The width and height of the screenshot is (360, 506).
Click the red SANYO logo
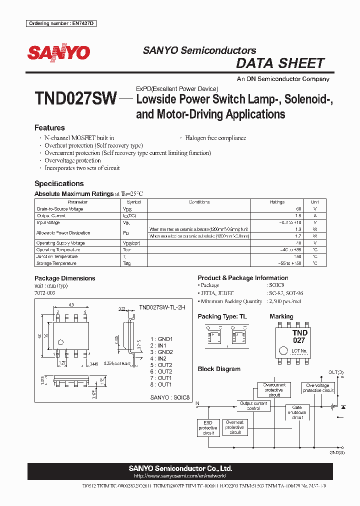pyautogui.click(x=58, y=53)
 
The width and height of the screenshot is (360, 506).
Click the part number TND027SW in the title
pyautogui.click(x=75, y=98)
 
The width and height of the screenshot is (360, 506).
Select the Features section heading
pyautogui.click(x=49, y=128)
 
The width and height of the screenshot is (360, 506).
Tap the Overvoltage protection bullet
pyautogui.click(x=72, y=160)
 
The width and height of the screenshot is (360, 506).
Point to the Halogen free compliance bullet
pyautogui.click(x=215, y=138)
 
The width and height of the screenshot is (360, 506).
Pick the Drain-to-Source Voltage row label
pyautogui.click(x=60, y=209)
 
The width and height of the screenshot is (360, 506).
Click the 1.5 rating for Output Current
pyautogui.click(x=298, y=216)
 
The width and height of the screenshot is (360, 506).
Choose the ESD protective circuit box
pyautogui.click(x=207, y=427)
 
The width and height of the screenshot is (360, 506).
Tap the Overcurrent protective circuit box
pyautogui.click(x=274, y=390)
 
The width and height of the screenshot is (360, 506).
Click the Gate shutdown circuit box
pyautogui.click(x=297, y=412)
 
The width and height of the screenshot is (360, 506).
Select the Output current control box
pyautogui.click(x=253, y=405)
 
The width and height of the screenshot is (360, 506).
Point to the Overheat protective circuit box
pyautogui.click(x=234, y=427)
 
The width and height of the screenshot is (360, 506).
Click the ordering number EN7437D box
pyautogui.click(x=62, y=24)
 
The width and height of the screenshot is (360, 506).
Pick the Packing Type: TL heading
pyautogui.click(x=222, y=316)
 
